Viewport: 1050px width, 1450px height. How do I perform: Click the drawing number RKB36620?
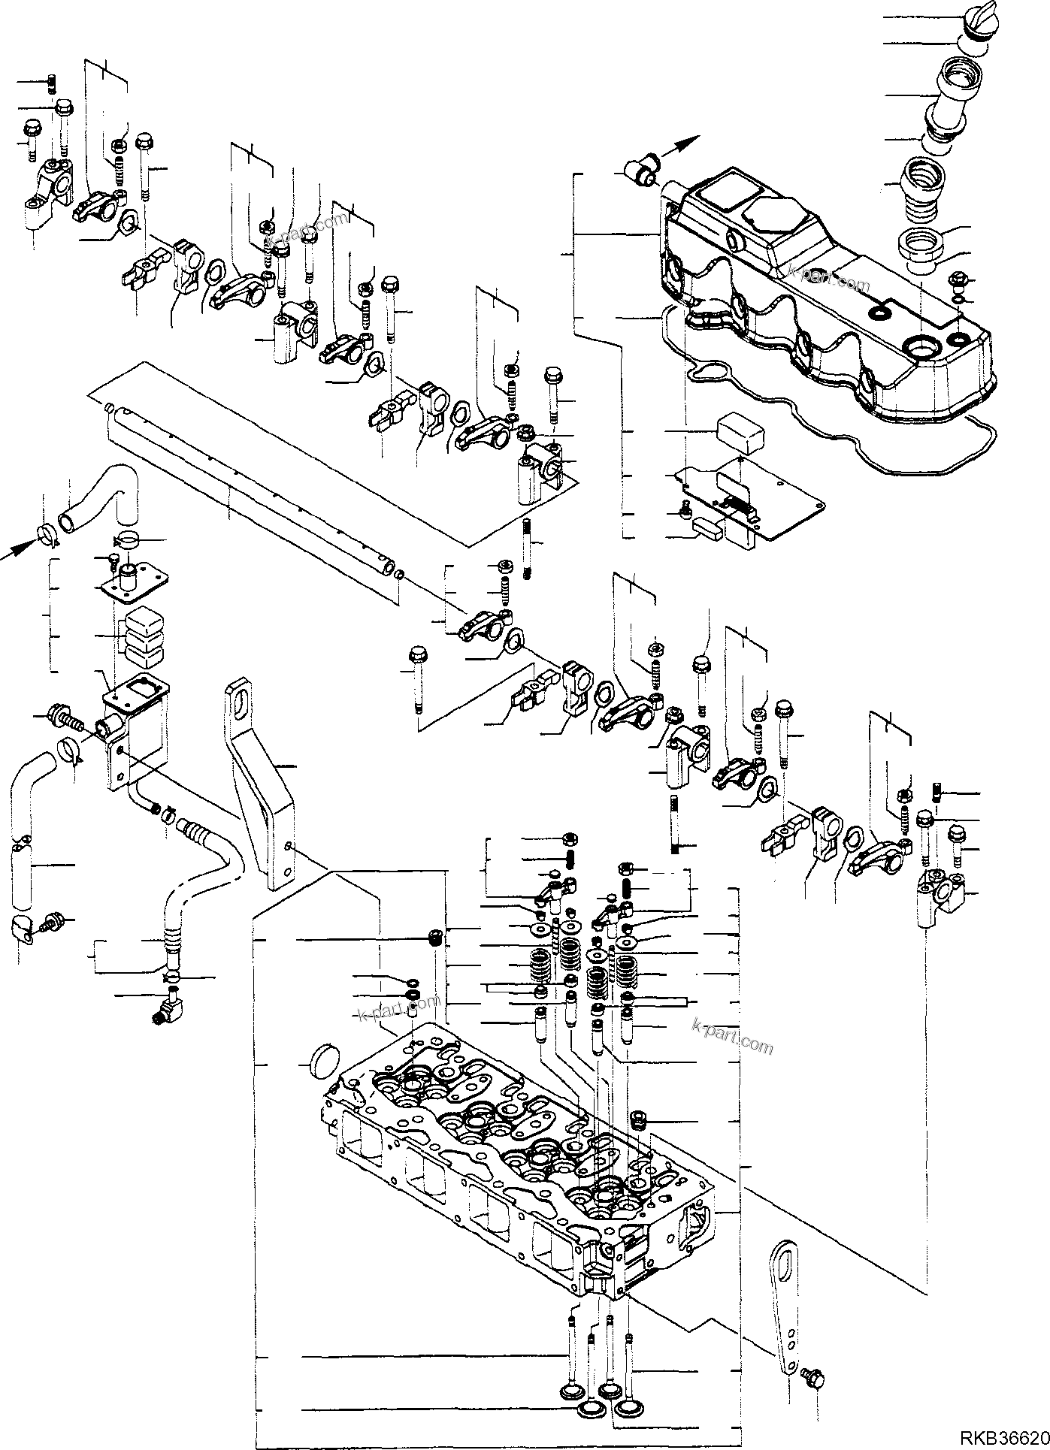click(x=1000, y=1436)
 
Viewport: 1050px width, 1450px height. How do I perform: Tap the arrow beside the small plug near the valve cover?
click(x=681, y=147)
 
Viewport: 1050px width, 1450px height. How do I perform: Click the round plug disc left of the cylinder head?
click(x=324, y=1065)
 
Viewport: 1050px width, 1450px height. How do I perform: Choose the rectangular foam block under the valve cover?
click(x=740, y=431)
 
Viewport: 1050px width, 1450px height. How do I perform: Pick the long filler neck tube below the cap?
click(x=950, y=97)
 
